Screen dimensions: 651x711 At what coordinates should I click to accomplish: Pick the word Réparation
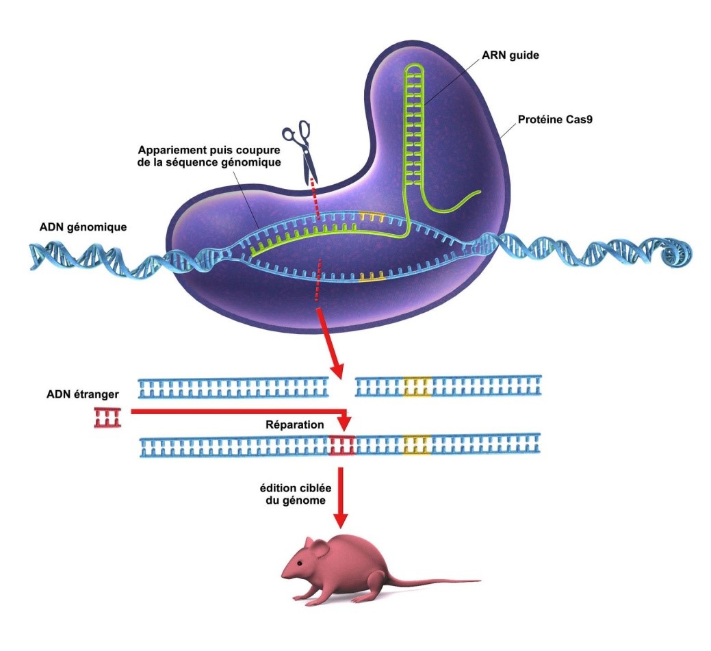point(294,425)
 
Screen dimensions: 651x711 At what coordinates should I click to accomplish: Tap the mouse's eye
point(300,563)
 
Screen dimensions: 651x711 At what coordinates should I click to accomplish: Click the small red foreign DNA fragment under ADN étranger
point(107,417)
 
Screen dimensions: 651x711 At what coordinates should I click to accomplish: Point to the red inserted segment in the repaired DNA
point(341,445)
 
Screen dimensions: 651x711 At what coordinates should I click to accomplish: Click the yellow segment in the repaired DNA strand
point(417,445)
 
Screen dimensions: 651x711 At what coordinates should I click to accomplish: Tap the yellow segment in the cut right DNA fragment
point(417,387)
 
